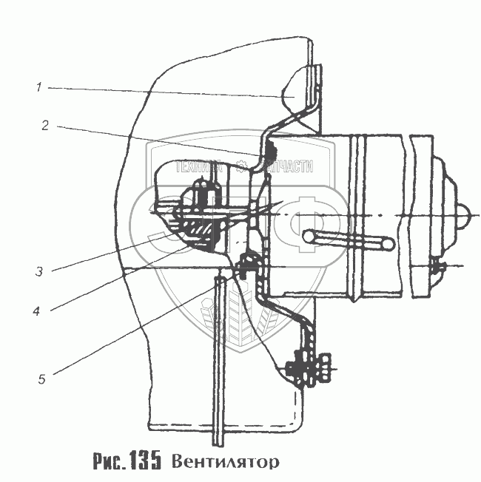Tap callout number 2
(45, 126)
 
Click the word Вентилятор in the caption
(226, 462)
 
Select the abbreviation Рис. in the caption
(109, 462)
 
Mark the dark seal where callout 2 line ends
(267, 152)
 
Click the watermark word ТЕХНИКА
(198, 167)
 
